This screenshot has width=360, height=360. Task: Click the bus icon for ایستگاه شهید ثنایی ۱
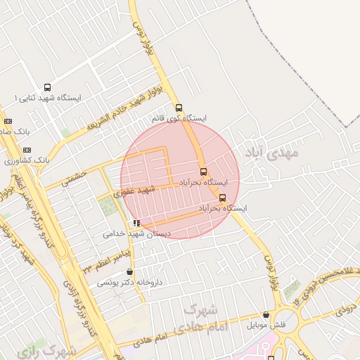tap(47, 87)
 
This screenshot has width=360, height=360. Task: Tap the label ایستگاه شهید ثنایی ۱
tap(46, 98)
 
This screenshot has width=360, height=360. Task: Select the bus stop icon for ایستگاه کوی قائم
tap(179, 108)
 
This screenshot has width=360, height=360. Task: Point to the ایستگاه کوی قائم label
tap(180, 119)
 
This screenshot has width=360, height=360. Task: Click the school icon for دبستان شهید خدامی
tap(136, 223)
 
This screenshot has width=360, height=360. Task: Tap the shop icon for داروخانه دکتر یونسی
tap(129, 272)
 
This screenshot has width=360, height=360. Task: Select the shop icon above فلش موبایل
tap(266, 315)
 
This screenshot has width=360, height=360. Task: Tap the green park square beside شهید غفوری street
tap(108, 207)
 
